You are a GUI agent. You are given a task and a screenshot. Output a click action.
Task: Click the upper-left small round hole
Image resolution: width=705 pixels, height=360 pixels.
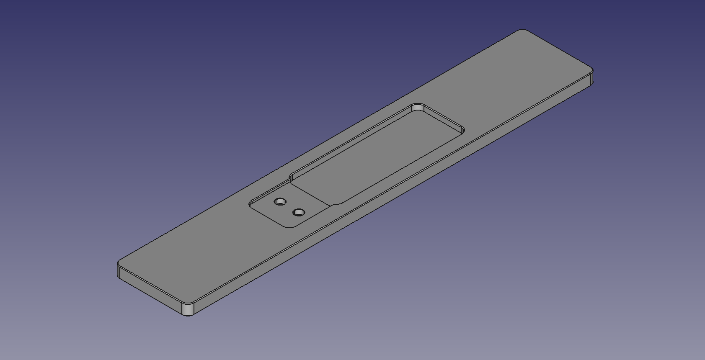[280, 202]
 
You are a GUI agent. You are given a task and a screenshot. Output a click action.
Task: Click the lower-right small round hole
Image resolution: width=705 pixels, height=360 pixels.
[298, 213]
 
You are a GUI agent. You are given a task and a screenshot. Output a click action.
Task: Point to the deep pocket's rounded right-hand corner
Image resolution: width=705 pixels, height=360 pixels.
[462, 130]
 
